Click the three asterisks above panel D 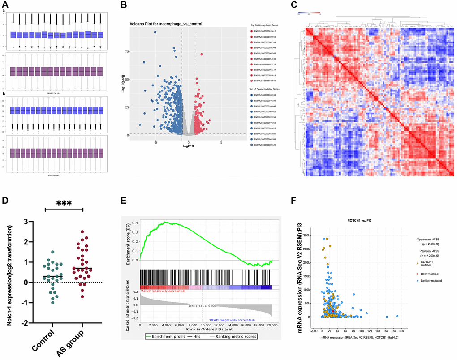point(64,203)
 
